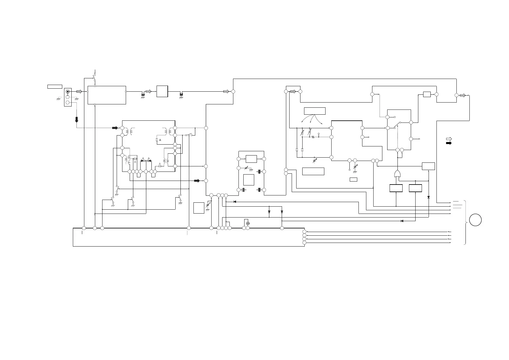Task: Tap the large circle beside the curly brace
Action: [475, 220]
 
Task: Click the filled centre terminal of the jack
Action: [68, 91]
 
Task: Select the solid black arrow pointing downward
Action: [76, 119]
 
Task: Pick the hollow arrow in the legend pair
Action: [449, 139]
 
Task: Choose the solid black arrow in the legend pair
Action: [449, 143]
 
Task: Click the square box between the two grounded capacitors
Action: [162, 91]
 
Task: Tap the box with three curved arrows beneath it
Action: [315, 111]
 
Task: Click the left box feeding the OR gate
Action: [396, 188]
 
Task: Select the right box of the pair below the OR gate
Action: [415, 188]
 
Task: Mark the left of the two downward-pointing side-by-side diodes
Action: [269, 212]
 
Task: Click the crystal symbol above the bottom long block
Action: [248, 223]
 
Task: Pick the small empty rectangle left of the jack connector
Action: [55, 87]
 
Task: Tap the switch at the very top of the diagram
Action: [95, 78]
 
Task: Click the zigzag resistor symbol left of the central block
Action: [313, 137]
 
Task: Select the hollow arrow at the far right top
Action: [462, 96]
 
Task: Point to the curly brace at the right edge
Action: [466, 222]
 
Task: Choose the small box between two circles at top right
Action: [427, 94]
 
